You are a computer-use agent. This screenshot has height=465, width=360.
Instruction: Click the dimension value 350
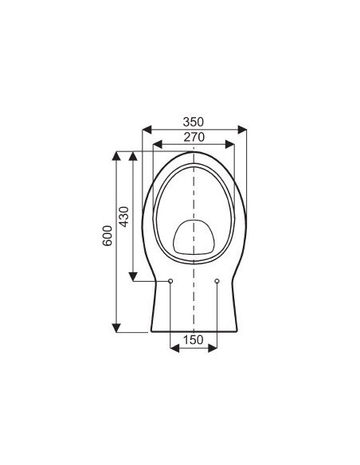[194, 122]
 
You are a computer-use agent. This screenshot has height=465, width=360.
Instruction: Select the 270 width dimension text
[194, 137]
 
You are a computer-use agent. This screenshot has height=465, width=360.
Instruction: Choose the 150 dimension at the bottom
[194, 340]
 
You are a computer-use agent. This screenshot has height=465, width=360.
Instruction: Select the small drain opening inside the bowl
[194, 236]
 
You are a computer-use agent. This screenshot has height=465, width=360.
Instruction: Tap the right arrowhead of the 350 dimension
[241, 130]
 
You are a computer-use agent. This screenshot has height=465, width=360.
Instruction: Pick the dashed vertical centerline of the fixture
[194, 303]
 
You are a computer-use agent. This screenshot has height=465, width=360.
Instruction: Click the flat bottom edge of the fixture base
[194, 331]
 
